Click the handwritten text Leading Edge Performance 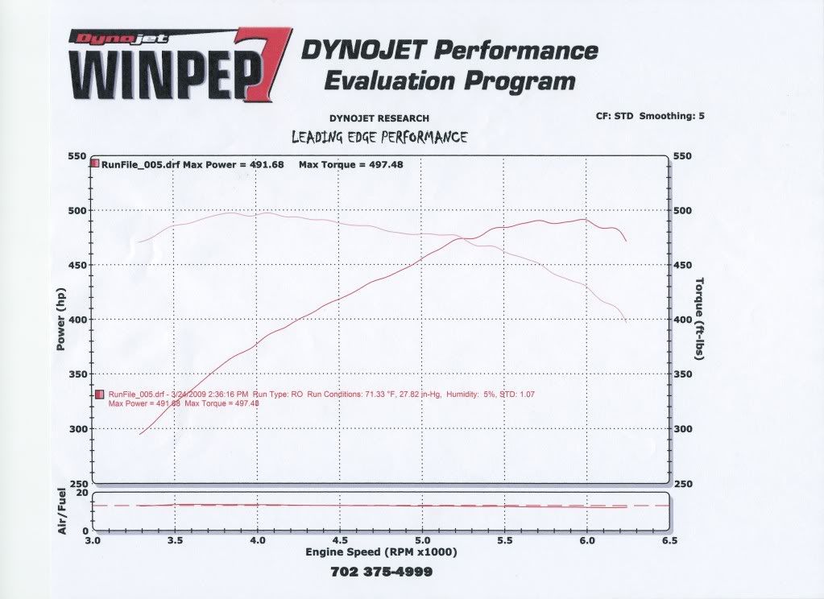point(379,137)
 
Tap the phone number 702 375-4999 point(381,572)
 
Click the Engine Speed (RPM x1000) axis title point(381,553)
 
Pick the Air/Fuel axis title point(62,511)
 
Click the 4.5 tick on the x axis point(339,541)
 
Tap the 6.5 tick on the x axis point(669,541)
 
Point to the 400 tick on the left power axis point(78,320)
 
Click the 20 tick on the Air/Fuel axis point(82,492)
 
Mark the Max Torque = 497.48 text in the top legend point(350,165)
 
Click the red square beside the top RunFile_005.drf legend point(95,164)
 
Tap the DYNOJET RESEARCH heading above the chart point(379,118)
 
